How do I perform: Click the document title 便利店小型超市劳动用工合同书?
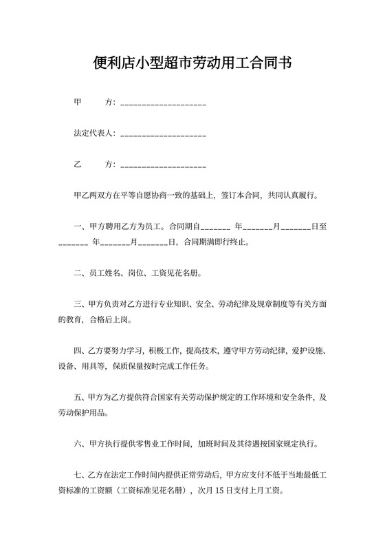coord(192,64)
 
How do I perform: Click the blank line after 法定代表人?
coord(163,135)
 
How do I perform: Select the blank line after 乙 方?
coord(163,167)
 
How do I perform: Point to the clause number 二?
coord(77,272)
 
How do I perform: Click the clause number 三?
coord(77,303)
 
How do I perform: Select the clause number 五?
coord(77,397)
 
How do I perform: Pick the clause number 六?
coord(77,444)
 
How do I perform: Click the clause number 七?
coord(77,475)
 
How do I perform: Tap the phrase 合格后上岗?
coord(109,319)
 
